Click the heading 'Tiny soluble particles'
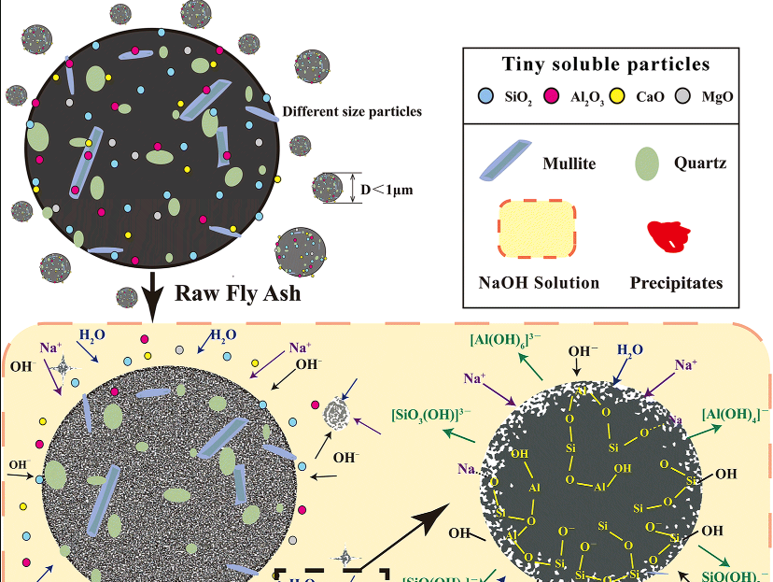[605, 65]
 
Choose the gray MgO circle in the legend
[682, 95]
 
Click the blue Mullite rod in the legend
[505, 161]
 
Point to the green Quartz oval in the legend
[647, 162]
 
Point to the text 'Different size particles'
[352, 111]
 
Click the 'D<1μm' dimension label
[386, 189]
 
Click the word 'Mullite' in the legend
[569, 163]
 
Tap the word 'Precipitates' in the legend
[676, 282]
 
